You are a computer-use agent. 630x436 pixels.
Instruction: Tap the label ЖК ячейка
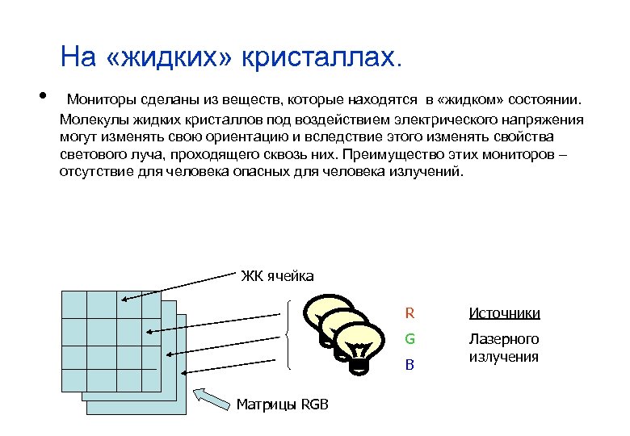coord(277,277)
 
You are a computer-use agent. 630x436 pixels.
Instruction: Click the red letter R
coord(409,313)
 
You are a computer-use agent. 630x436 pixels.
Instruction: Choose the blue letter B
coord(409,365)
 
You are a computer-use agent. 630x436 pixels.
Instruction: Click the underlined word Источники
coord(505,313)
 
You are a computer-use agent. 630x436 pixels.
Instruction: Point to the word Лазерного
coord(504,339)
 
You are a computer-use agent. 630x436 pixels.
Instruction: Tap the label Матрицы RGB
coord(283,405)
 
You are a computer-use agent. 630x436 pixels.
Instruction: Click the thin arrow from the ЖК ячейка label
coord(178,287)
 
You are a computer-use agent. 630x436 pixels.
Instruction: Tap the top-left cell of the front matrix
coord(73,304)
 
